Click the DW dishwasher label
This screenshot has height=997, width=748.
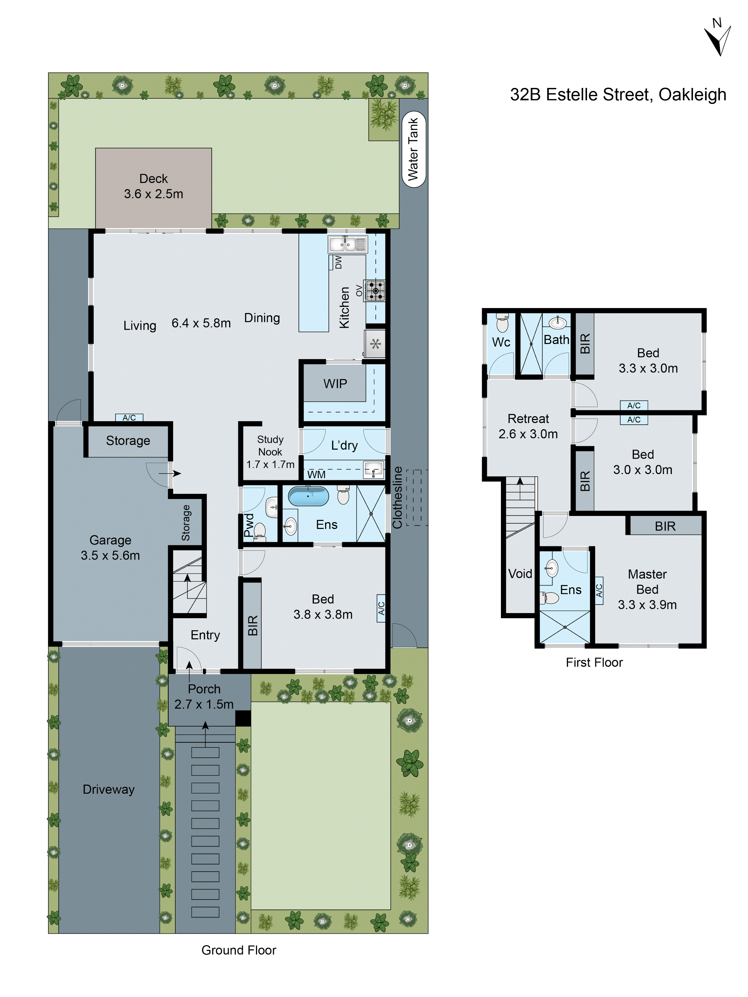[x=338, y=262]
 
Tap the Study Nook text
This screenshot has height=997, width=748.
[x=270, y=445]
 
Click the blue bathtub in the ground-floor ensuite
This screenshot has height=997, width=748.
[x=308, y=496]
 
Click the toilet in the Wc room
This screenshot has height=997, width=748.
[x=502, y=323]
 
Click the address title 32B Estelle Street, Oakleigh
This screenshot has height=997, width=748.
[x=618, y=95]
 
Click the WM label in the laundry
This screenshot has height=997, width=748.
[x=316, y=475]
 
